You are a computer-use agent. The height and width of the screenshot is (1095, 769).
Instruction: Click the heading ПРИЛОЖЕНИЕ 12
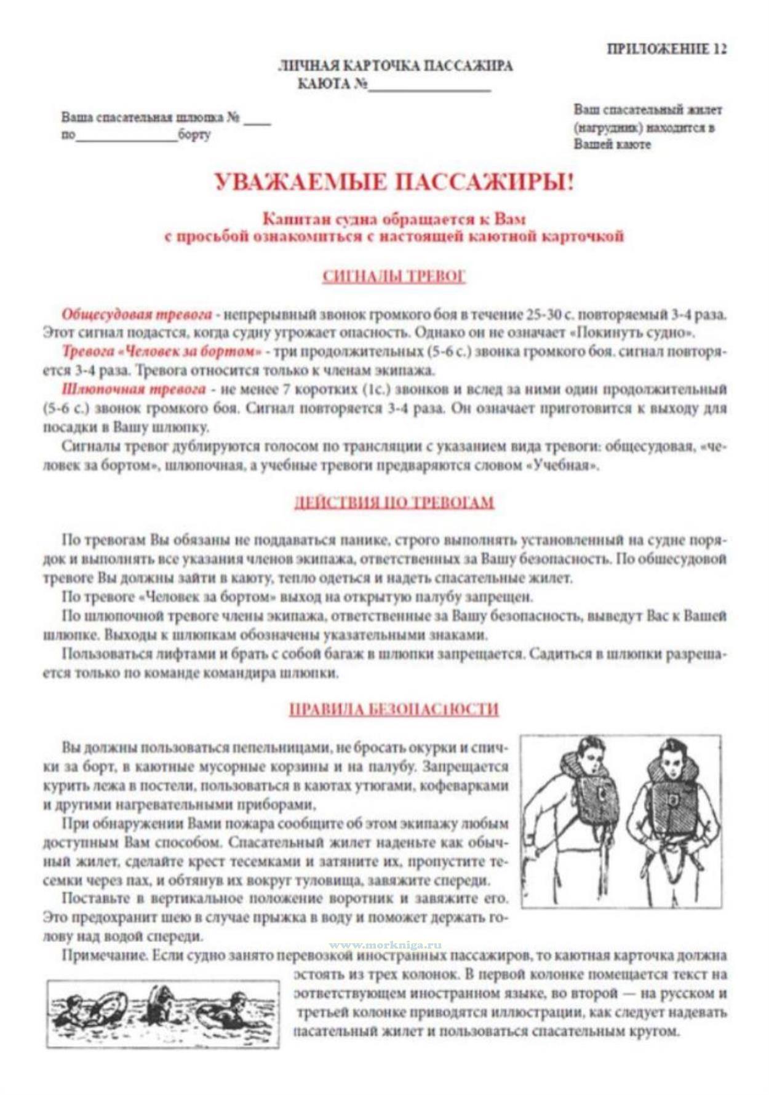(x=666, y=49)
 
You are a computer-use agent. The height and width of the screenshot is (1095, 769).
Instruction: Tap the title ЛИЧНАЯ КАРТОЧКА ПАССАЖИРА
(x=395, y=66)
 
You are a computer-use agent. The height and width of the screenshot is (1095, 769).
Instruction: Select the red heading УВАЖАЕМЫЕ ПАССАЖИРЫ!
(x=394, y=183)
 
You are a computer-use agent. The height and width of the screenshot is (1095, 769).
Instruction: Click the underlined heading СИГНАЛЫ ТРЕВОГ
(x=394, y=276)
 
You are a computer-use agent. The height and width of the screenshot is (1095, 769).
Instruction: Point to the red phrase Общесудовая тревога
(x=137, y=314)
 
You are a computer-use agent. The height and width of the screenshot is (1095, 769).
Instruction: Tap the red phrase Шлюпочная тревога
(x=133, y=389)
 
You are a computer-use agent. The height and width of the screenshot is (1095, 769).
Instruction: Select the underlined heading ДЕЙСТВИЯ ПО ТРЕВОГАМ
(x=394, y=502)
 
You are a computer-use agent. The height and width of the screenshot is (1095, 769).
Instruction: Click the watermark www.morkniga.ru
(x=385, y=945)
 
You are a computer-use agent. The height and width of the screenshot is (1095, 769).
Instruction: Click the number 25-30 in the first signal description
(x=543, y=314)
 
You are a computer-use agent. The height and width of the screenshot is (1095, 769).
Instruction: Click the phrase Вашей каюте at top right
(x=612, y=144)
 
